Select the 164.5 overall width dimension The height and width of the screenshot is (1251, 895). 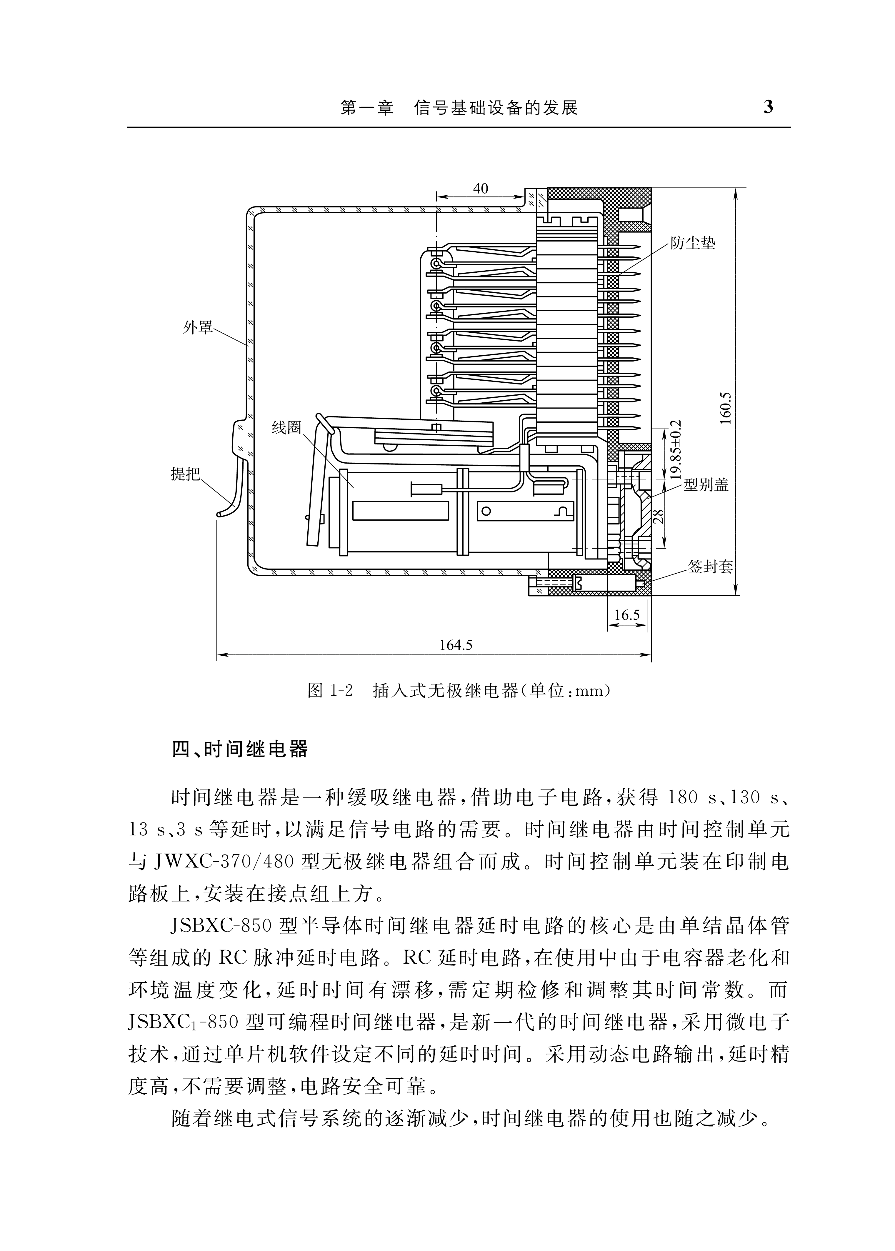coord(456,644)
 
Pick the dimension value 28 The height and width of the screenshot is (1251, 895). coord(658,517)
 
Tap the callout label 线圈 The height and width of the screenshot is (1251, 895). coord(286,427)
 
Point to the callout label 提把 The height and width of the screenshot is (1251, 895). coord(186,474)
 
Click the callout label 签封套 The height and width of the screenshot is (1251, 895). coord(710,567)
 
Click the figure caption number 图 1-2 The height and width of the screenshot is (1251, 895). coord(330,691)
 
